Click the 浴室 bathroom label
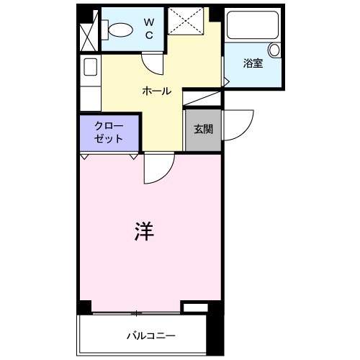(x=253, y=63)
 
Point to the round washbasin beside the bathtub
(x=274, y=50)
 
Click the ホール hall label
(x=157, y=91)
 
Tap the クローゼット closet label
(x=109, y=132)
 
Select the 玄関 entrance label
(x=202, y=130)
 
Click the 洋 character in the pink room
(x=144, y=232)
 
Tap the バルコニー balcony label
(x=151, y=336)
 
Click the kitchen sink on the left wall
(x=91, y=68)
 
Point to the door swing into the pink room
(x=158, y=170)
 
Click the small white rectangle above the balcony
(x=194, y=308)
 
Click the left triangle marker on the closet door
(x=84, y=156)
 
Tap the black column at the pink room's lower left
(x=84, y=307)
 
